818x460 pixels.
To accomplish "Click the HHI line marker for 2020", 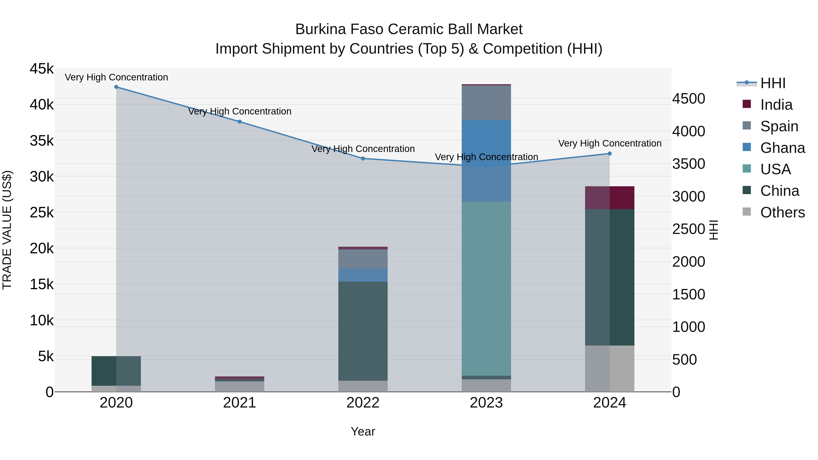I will (116, 87).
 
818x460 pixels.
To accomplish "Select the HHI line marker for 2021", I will (239, 122).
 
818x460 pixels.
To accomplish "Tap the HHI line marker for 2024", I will (609, 154).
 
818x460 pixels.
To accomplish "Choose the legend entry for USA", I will (775, 169).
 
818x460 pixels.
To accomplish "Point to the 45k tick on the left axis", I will (42, 69).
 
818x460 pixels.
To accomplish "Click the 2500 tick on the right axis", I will (688, 229).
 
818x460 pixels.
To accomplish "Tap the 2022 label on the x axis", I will (363, 403).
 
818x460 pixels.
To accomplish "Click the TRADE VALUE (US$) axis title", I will (7, 230).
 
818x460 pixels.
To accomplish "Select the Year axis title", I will (363, 431).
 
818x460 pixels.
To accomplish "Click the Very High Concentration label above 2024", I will (609, 144).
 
